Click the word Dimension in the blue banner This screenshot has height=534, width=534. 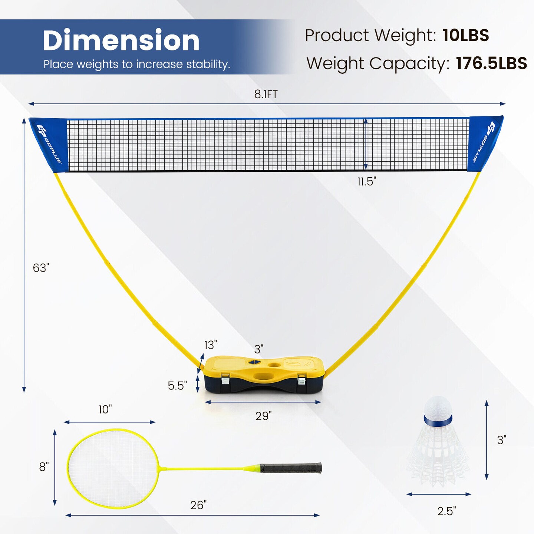coord(121,40)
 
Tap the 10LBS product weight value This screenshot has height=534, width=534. coord(465,35)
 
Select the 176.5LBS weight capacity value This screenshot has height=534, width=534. coord(491,63)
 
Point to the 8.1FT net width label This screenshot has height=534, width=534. coord(266,95)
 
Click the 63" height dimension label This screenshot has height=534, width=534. coord(41,268)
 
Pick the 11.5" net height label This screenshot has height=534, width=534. coord(367,182)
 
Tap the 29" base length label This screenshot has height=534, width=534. coord(263,416)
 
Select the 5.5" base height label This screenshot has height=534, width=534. coord(177,385)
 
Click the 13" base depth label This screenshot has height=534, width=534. coord(211,345)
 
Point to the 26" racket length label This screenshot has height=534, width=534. coord(198,505)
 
